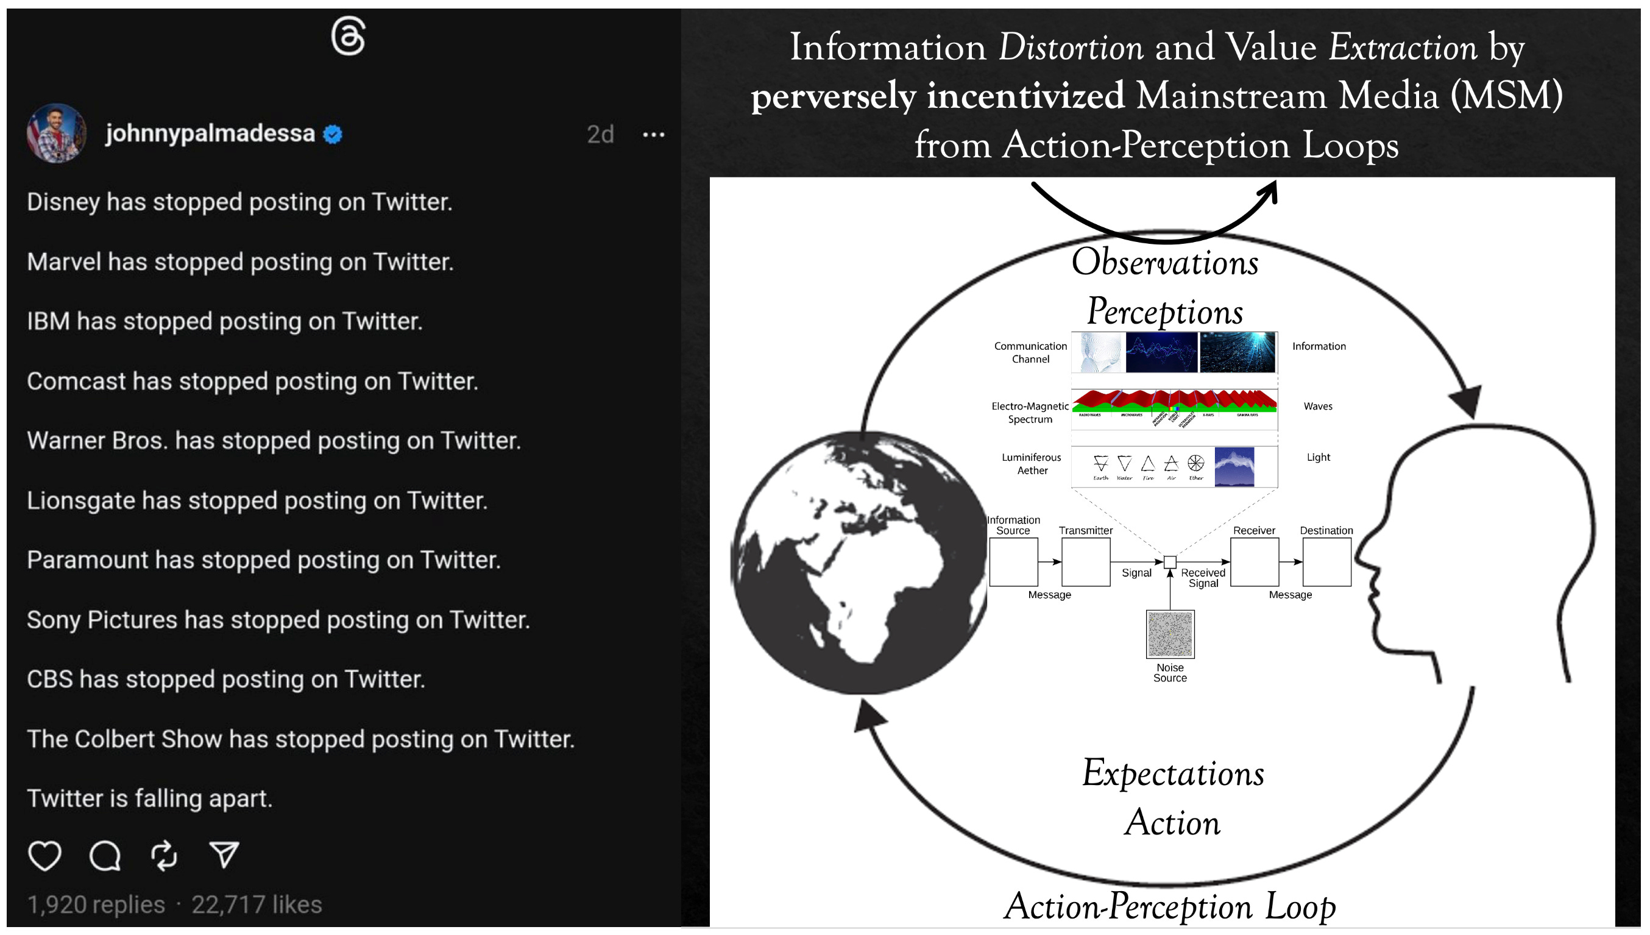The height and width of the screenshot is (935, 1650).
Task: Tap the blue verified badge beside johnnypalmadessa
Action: (x=333, y=134)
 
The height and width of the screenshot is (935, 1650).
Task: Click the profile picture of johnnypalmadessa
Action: (x=57, y=133)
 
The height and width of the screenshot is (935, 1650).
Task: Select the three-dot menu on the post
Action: (x=653, y=135)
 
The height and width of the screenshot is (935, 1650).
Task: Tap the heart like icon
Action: (x=45, y=855)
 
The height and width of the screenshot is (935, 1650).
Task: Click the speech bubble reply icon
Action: (x=105, y=855)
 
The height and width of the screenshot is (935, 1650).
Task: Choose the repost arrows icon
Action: (x=165, y=855)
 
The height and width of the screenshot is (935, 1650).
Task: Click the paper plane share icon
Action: (x=224, y=855)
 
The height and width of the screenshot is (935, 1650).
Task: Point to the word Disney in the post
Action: (x=63, y=202)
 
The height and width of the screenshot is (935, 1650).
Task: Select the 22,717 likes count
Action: (x=257, y=905)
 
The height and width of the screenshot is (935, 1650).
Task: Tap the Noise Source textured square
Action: (x=1170, y=635)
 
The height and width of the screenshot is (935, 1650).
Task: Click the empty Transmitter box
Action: (x=1085, y=562)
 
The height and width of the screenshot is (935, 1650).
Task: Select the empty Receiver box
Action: (x=1254, y=562)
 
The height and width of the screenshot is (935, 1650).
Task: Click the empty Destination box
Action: (x=1326, y=562)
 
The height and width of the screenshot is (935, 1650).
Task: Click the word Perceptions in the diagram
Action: (x=1165, y=311)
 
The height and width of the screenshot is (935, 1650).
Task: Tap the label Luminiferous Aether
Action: (x=1032, y=464)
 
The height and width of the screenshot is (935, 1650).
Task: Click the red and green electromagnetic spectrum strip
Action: (x=1175, y=400)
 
